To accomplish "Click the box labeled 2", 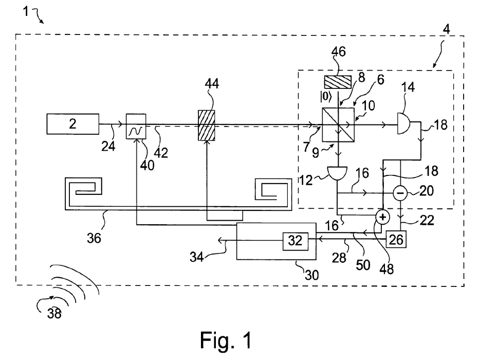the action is pyautogui.click(x=72, y=124).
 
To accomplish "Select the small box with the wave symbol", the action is pyautogui.click(x=136, y=126).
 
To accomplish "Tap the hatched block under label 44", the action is pyautogui.click(x=207, y=125).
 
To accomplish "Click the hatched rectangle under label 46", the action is pyautogui.click(x=338, y=82).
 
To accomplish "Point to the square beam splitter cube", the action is pyautogui.click(x=339, y=124).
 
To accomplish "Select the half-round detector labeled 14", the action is pyautogui.click(x=403, y=123).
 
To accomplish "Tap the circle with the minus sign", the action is pyautogui.click(x=400, y=193).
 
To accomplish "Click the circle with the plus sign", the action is pyautogui.click(x=382, y=217).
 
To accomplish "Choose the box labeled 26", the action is pyautogui.click(x=396, y=240).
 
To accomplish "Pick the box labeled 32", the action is pyautogui.click(x=295, y=241).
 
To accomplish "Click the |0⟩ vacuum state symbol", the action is pyautogui.click(x=326, y=97).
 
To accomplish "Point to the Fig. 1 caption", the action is pyautogui.click(x=226, y=340).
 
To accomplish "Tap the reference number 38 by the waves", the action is pyautogui.click(x=54, y=313).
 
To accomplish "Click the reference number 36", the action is pyautogui.click(x=94, y=238).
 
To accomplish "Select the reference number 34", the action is pyautogui.click(x=197, y=257).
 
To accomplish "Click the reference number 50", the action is pyautogui.click(x=363, y=265).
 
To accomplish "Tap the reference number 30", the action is pyautogui.click(x=311, y=275).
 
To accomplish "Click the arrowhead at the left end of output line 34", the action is pyautogui.click(x=220, y=241).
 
